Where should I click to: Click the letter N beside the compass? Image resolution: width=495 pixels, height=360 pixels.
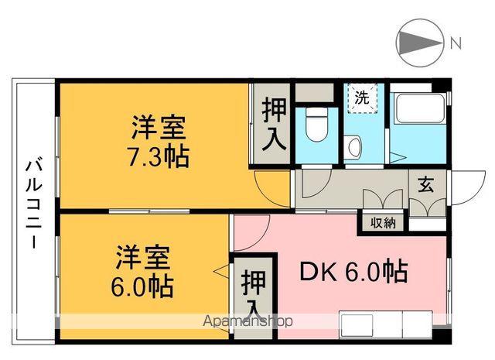[x=456, y=43]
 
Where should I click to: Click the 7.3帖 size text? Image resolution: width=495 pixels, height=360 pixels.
[x=159, y=156]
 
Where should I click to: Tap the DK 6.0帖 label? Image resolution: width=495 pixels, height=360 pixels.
[x=353, y=272]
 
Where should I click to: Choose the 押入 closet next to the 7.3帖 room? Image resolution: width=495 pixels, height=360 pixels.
[x=272, y=124]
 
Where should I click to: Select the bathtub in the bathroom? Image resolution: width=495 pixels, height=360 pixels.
[x=418, y=109]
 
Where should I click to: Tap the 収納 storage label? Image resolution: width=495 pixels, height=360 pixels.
[x=383, y=223]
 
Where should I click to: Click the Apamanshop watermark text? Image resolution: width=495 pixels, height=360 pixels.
[x=247, y=320]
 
